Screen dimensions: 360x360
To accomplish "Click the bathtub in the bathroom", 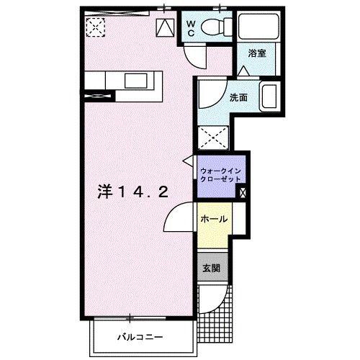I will pos(256,28).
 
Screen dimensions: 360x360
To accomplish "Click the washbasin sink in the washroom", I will pos(268,96).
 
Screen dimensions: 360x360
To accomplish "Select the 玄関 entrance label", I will pos(212,267).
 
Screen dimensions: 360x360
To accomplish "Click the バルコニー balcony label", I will pos(141,336).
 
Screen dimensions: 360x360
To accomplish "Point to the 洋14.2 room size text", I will pos(134,192).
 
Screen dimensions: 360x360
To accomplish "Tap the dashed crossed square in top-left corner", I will pos(96,27).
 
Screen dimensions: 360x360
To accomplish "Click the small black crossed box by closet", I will pos(242,192).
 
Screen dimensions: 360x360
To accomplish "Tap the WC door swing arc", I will pos(193,55).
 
